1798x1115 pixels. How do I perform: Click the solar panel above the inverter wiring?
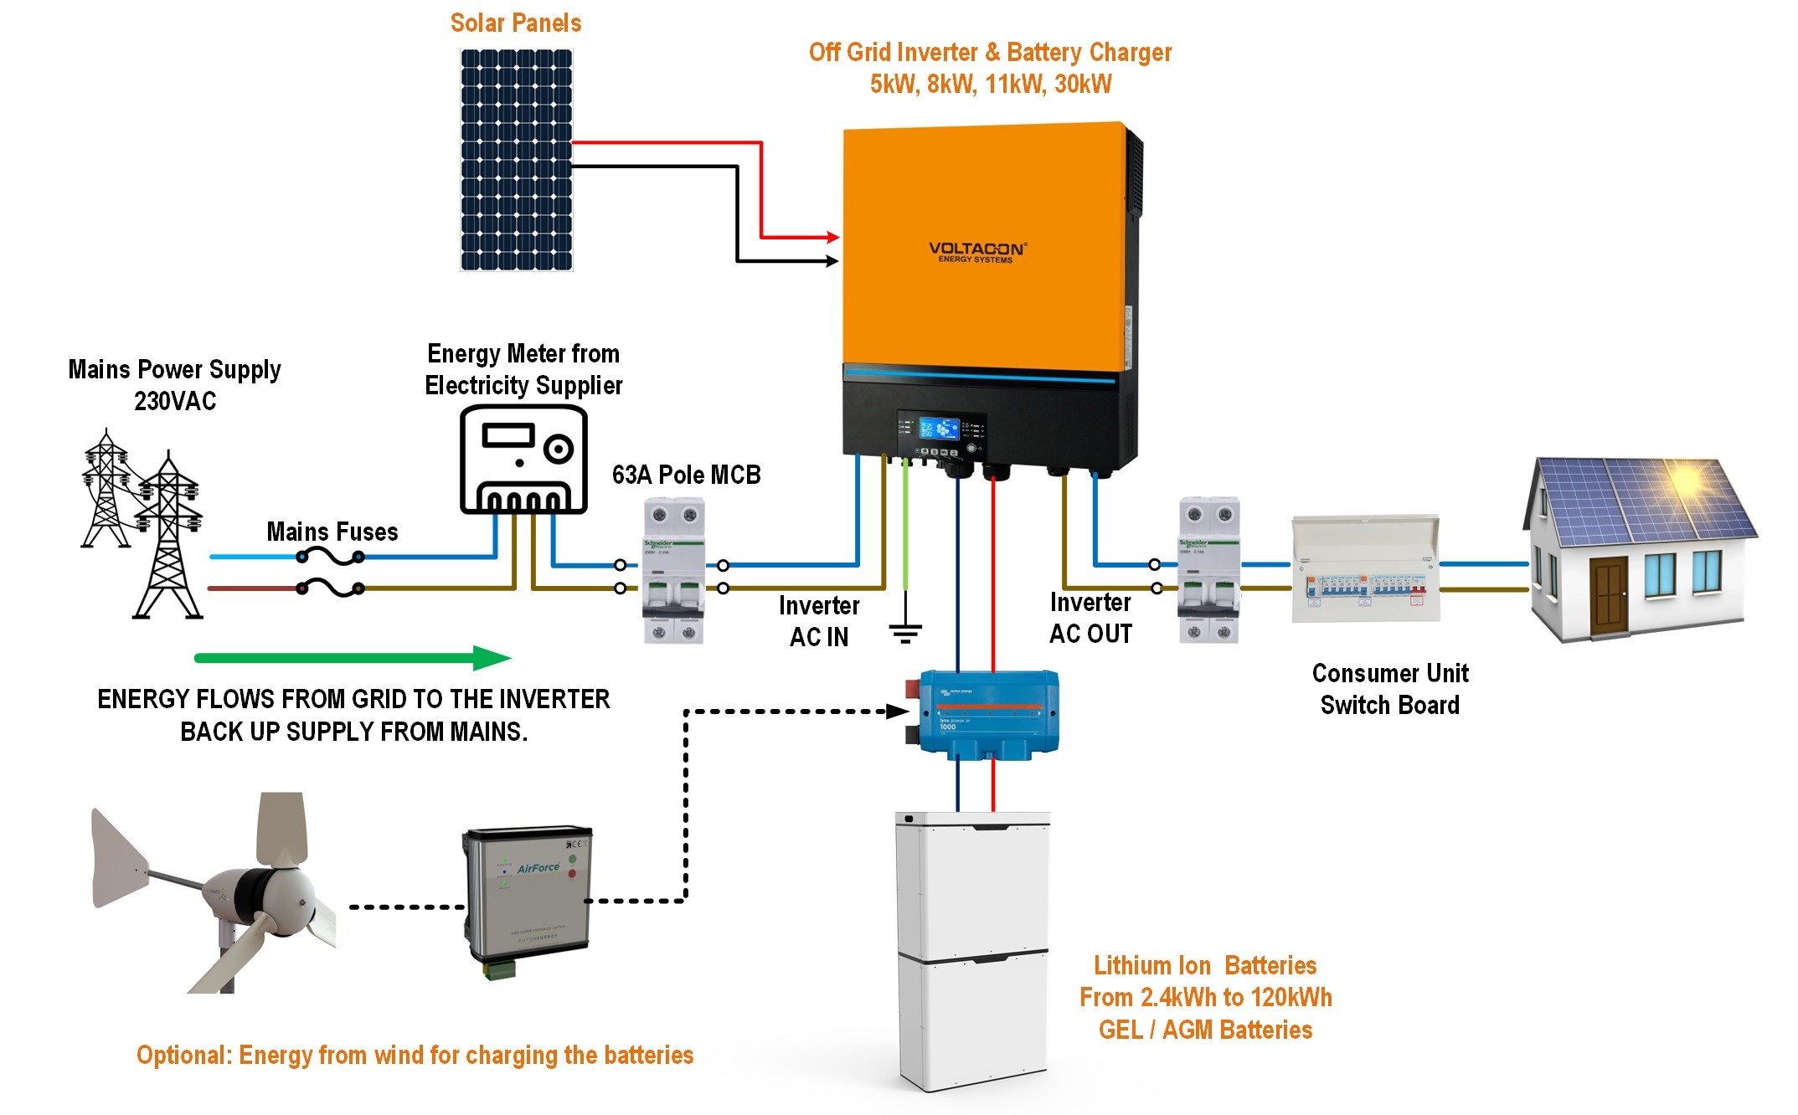(x=516, y=160)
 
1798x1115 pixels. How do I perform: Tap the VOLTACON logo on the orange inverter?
(x=976, y=251)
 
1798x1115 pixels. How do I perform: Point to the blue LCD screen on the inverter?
(x=939, y=429)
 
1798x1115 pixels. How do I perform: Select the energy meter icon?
(x=523, y=460)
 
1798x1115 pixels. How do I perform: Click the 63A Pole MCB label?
(x=686, y=475)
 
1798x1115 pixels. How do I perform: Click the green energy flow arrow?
(x=352, y=658)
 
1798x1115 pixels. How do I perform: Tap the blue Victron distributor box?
(x=988, y=713)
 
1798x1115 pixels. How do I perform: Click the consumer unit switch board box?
(x=1365, y=570)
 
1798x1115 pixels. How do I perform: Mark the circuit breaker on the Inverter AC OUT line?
(x=1208, y=570)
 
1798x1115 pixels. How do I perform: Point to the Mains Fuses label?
(x=332, y=532)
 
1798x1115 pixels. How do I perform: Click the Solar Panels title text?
(x=515, y=23)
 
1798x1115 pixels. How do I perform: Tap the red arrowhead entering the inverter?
(x=832, y=237)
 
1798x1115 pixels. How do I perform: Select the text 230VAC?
(x=175, y=402)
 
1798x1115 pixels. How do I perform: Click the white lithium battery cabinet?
(x=972, y=950)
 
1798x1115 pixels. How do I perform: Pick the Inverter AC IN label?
(x=819, y=621)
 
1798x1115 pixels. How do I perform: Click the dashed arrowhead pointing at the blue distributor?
(x=898, y=712)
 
